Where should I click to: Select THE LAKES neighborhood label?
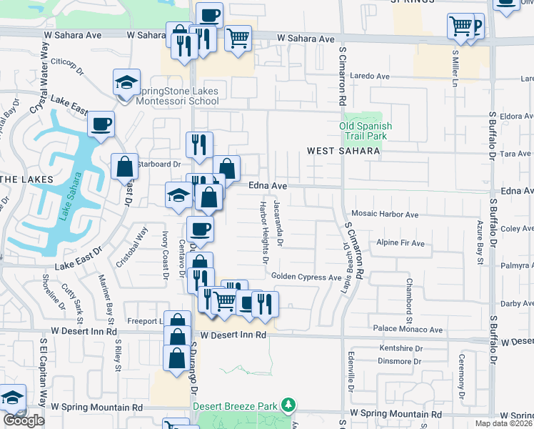[26, 178]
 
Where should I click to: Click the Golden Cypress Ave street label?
[306, 277]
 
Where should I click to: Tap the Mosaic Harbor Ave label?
[385, 214]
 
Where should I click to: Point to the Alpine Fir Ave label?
[400, 243]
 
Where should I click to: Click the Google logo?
[24, 420]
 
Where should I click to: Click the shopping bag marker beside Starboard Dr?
[125, 167]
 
